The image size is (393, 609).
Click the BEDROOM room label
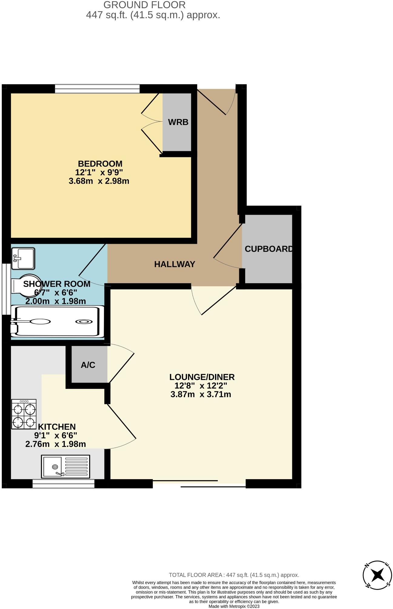[x=100, y=164]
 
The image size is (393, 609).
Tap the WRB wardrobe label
[x=178, y=122]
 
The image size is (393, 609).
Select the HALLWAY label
[x=174, y=264]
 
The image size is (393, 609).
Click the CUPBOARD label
[x=269, y=249]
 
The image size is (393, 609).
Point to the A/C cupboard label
[x=88, y=365]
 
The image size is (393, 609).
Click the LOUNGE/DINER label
[x=202, y=377]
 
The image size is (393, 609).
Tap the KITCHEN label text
[x=57, y=427]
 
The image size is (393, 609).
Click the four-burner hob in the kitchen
[x=24, y=414]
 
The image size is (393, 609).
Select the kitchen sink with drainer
[x=65, y=466]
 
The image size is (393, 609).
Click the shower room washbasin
[x=23, y=258]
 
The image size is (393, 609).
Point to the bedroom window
[x=97, y=89]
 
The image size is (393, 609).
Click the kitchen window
[x=63, y=483]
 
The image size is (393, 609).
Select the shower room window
[x=5, y=289]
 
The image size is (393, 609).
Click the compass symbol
[x=377, y=575]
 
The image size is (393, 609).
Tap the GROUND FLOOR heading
[x=144, y=5]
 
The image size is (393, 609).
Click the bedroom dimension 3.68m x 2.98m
[x=99, y=181]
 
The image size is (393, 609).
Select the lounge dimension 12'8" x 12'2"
[x=201, y=386]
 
